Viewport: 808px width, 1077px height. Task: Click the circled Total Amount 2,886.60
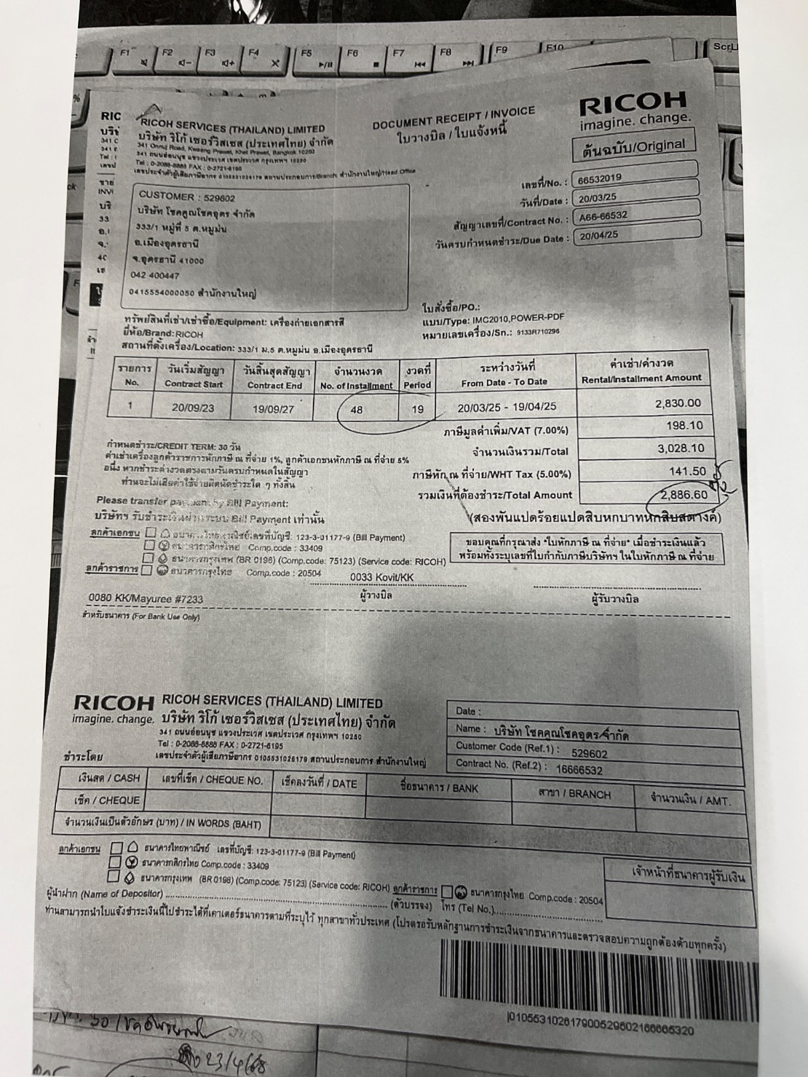[x=684, y=495]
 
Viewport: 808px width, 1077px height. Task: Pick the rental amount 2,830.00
[x=678, y=403]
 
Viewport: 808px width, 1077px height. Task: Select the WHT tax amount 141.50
[x=687, y=472]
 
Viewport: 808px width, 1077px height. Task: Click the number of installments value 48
[x=357, y=409]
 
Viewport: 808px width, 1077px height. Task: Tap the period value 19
[x=417, y=409]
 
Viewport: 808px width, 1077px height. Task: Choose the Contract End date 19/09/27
[x=273, y=408]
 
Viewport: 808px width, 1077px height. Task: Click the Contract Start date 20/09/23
[x=193, y=408]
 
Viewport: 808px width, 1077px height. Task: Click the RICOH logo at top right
[x=633, y=106]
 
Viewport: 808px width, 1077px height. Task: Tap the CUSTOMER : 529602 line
[x=186, y=196]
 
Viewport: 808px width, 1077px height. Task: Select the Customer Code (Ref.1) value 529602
[x=590, y=754]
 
